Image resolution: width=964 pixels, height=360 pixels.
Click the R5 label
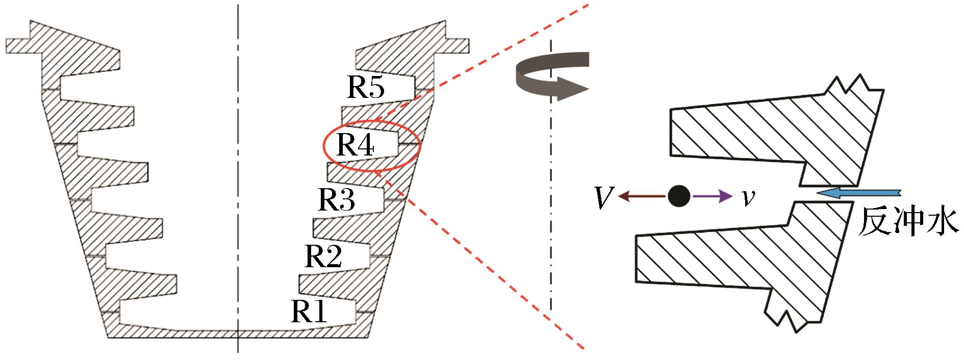click(x=366, y=88)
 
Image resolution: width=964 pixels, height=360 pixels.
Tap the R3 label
click(x=337, y=199)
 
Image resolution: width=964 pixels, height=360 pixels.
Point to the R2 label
click(x=323, y=256)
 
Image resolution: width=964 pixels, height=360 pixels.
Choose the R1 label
click(x=309, y=312)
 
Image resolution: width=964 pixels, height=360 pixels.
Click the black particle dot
click(x=679, y=195)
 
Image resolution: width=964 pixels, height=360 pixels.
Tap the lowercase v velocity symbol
click(x=748, y=197)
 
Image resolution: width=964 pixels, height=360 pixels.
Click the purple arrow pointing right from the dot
click(x=712, y=196)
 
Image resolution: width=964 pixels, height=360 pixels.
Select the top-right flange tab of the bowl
click(x=456, y=45)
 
